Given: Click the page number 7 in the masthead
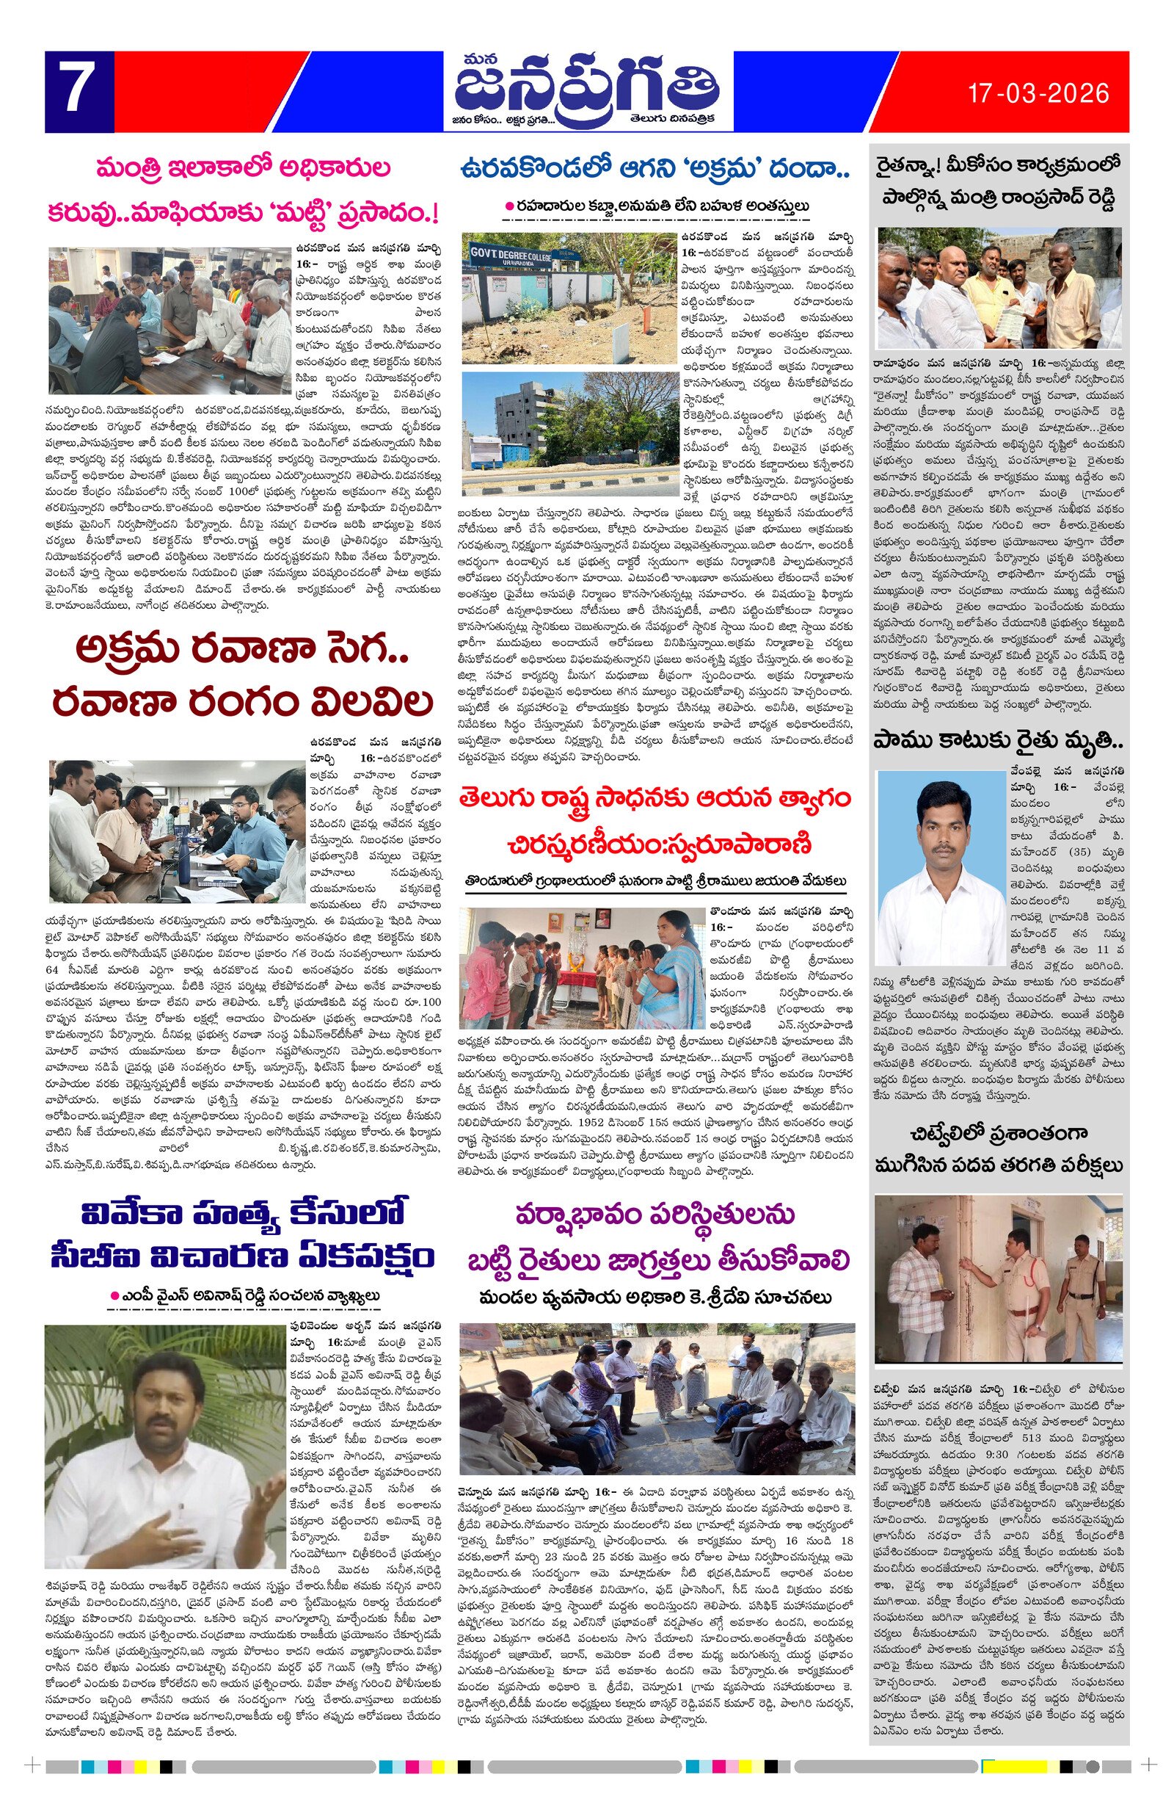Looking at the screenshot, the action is click(x=77, y=90).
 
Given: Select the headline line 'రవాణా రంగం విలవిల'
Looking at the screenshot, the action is click(x=242, y=702).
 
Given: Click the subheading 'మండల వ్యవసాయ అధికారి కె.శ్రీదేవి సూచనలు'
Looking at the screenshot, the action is click(x=655, y=1297).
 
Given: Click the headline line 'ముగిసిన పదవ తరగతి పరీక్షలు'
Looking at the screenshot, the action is click(x=998, y=1165).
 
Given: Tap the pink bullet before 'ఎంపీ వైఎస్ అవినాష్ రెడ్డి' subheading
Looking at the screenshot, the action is click(x=115, y=1296).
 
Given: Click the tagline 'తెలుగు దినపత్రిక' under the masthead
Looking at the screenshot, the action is click(x=671, y=120).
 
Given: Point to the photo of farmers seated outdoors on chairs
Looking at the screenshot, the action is click(x=655, y=1396).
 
